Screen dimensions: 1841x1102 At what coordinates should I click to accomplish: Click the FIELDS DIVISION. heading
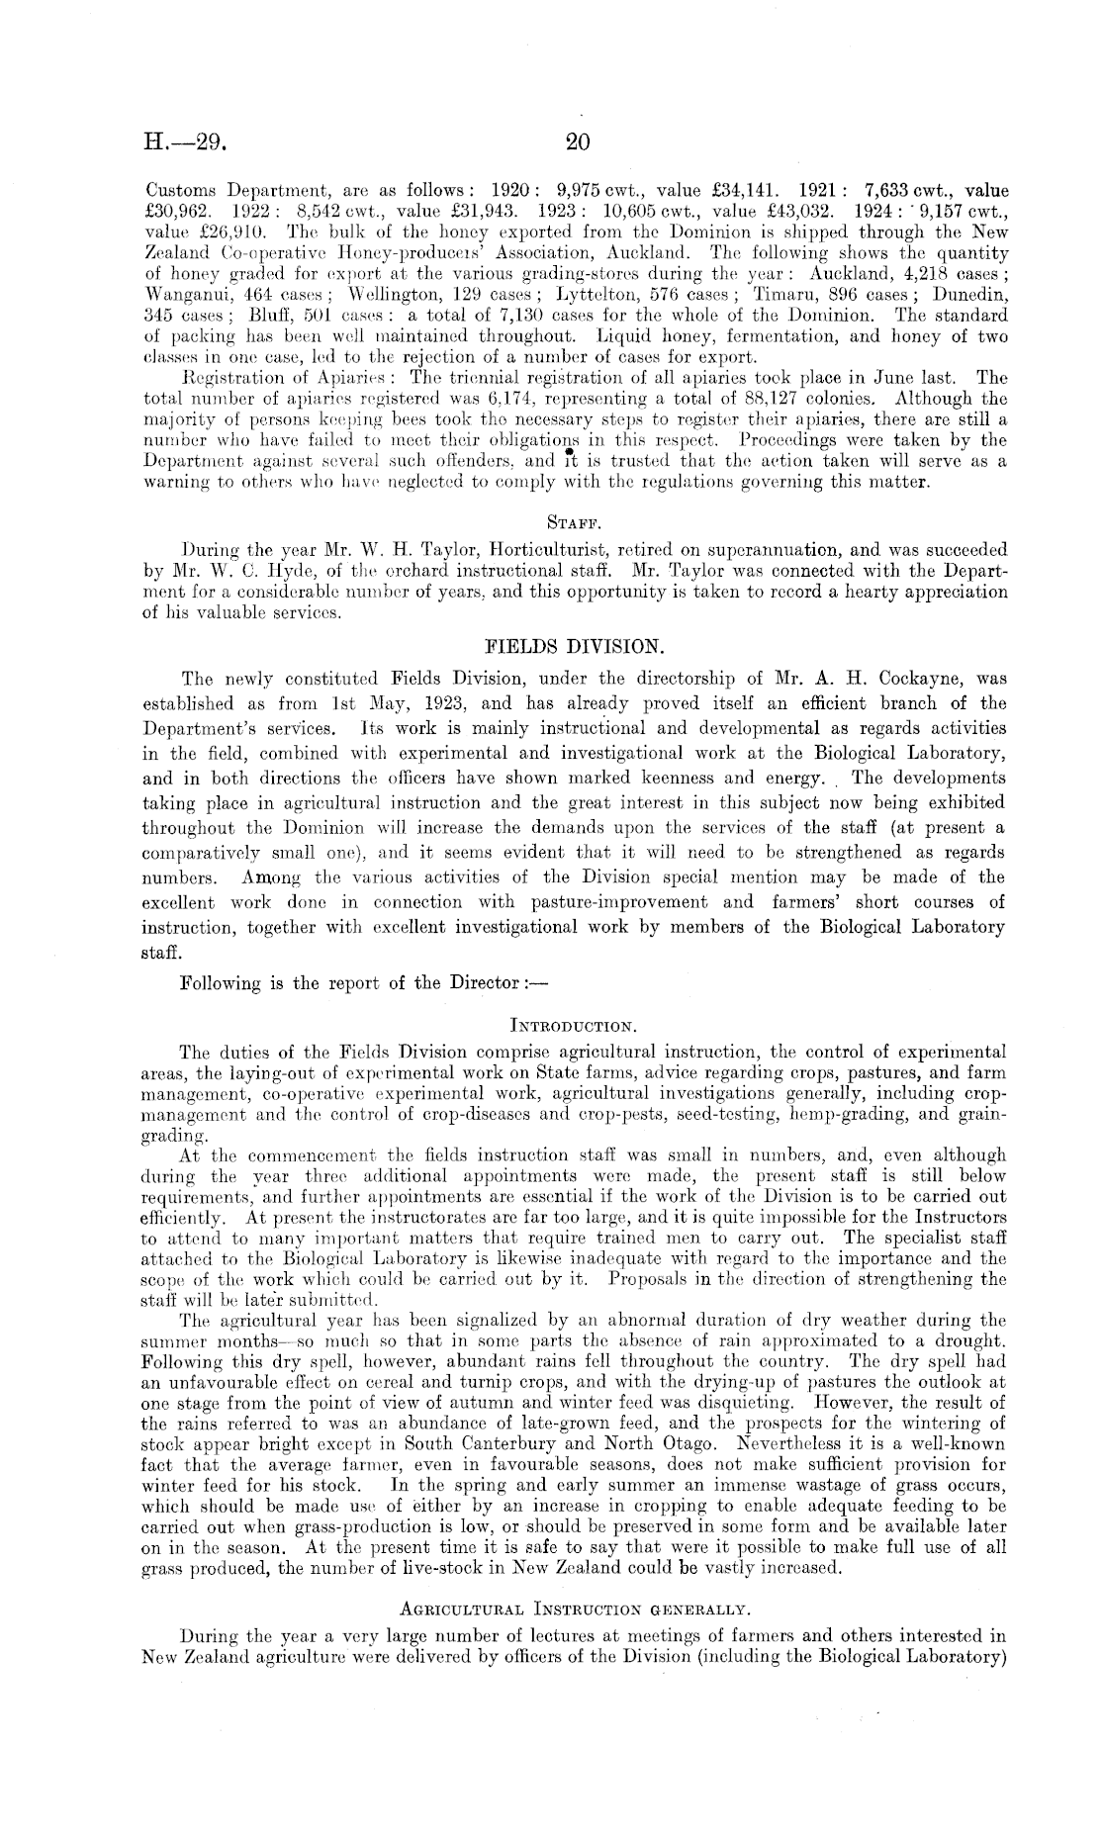575,646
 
